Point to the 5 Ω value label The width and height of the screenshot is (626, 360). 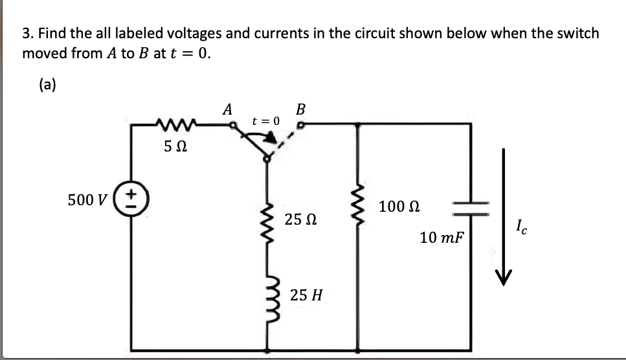pyautogui.click(x=175, y=147)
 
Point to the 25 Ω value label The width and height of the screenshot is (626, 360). pyautogui.click(x=300, y=220)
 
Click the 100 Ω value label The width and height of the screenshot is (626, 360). pyautogui.click(x=399, y=207)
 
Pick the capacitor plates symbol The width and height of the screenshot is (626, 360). pyautogui.click(x=471, y=207)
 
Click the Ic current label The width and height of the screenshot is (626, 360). pyautogui.click(x=522, y=228)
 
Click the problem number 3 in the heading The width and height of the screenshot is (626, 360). pyautogui.click(x=26, y=32)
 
